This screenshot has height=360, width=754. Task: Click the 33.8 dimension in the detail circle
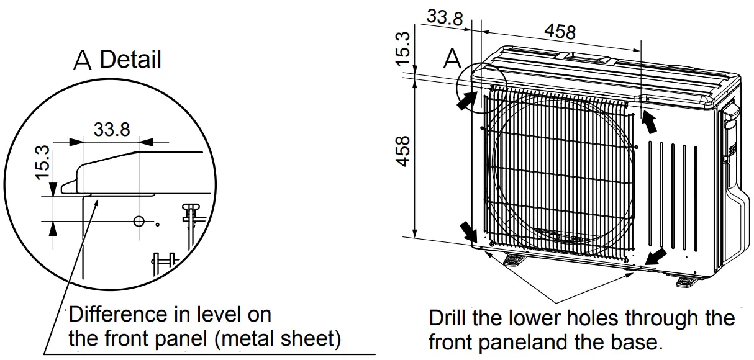112,129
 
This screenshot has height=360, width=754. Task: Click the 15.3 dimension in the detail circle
42,162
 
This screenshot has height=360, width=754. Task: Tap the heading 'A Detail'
117,60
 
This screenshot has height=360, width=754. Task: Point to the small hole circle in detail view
139,221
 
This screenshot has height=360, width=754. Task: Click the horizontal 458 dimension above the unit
560,31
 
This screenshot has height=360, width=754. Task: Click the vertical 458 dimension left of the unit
403,151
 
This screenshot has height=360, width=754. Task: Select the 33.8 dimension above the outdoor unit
445,17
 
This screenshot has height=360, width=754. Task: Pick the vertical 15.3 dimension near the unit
403,48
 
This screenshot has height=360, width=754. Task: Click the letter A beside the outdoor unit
452,60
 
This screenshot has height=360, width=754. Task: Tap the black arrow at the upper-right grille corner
649,122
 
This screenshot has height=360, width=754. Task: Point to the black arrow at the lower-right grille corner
656,255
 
